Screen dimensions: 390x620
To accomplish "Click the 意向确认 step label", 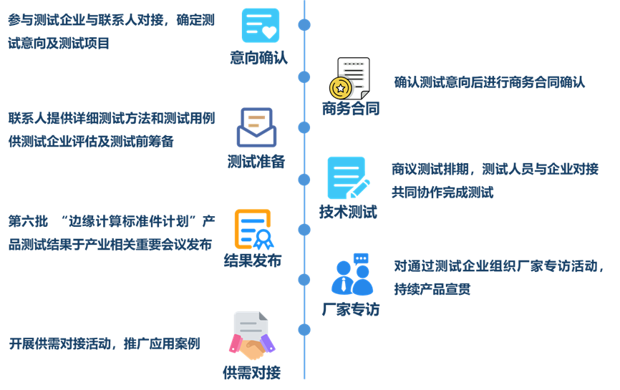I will (258, 58).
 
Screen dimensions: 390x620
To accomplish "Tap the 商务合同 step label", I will (350, 109).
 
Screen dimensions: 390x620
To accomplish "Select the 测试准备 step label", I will (256, 161).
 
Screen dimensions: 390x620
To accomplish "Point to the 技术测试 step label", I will (348, 212).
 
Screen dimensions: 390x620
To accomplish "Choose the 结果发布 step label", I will (253, 260).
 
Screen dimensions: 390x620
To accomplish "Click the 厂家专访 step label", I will (350, 310).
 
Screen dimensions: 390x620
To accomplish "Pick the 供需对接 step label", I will (251, 372).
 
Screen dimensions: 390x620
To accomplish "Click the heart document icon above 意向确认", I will (260, 25).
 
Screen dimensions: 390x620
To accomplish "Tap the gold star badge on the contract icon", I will (341, 88).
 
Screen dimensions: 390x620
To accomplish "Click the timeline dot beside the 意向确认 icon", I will (304, 25).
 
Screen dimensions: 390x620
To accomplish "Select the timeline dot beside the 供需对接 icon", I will (304, 330).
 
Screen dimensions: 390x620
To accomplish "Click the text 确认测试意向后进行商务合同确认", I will (489, 82).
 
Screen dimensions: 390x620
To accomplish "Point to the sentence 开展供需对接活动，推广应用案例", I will (105, 344).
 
